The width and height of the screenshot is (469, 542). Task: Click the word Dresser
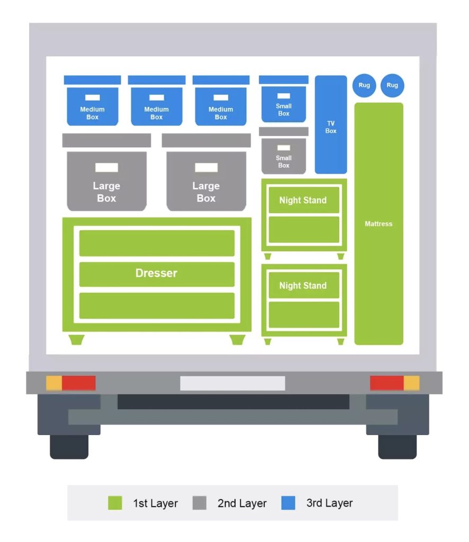pyautogui.click(x=156, y=273)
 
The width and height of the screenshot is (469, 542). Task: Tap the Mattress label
pyautogui.click(x=378, y=224)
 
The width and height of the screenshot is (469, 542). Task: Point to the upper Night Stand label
pyautogui.click(x=303, y=200)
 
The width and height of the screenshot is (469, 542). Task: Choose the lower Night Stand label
pyautogui.click(x=303, y=286)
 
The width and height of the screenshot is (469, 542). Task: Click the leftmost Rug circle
pyautogui.click(x=364, y=85)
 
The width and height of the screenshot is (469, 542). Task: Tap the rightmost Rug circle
pyautogui.click(x=392, y=85)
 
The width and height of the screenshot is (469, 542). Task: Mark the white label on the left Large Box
pyautogui.click(x=106, y=168)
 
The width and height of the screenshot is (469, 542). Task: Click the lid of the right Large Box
pyautogui.click(x=206, y=140)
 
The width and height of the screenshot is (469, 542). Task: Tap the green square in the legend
pyautogui.click(x=115, y=503)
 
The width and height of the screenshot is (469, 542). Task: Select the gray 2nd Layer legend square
pyautogui.click(x=199, y=503)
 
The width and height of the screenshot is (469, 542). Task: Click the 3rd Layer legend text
pyautogui.click(x=329, y=503)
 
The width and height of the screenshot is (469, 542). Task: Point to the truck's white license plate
pyautogui.click(x=232, y=383)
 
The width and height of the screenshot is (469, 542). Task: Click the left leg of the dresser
pyautogui.click(x=77, y=339)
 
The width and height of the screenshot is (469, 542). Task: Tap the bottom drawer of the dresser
pyautogui.click(x=157, y=306)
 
